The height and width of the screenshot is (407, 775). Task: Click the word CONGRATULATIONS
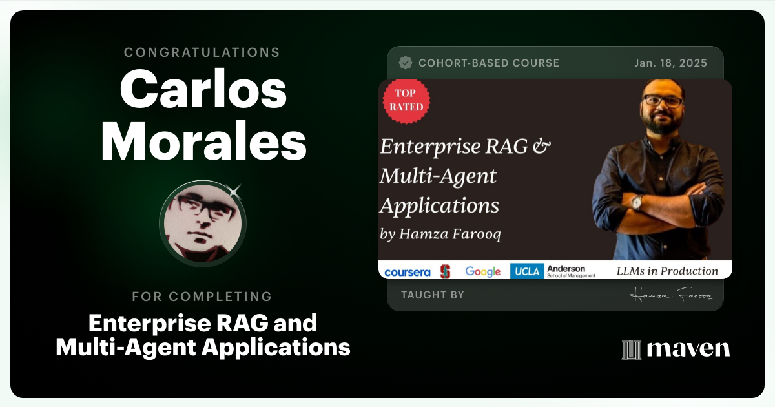(202, 52)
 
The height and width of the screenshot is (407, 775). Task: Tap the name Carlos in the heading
(203, 90)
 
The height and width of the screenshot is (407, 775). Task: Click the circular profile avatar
(203, 223)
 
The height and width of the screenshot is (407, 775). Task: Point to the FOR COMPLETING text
(202, 297)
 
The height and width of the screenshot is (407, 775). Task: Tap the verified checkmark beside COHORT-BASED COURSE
(406, 63)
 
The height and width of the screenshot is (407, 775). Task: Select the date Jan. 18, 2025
(670, 63)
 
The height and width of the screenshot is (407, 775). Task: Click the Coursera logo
(407, 272)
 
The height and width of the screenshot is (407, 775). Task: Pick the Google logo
(483, 271)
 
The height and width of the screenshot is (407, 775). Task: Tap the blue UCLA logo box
(526, 271)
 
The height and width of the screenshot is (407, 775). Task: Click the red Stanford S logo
(445, 271)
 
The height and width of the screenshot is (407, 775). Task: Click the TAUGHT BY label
(432, 295)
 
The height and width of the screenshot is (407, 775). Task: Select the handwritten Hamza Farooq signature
(670, 295)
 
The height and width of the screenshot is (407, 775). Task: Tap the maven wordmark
(688, 349)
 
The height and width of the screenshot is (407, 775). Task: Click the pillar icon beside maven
(630, 350)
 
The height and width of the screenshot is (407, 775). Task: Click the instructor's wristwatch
(637, 202)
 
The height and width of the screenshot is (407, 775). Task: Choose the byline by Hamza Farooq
(440, 234)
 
